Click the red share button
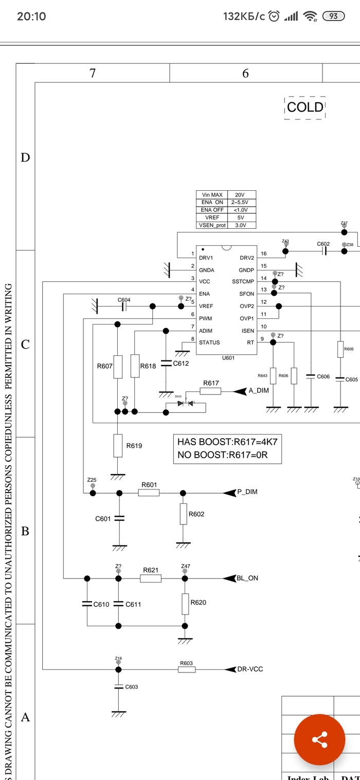click(x=319, y=740)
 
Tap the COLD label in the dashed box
click(x=305, y=107)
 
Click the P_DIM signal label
click(x=247, y=492)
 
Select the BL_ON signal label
click(x=247, y=578)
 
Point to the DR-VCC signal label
click(x=251, y=669)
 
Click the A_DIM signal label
click(x=259, y=391)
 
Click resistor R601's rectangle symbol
click(x=149, y=493)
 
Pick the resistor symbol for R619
click(x=118, y=445)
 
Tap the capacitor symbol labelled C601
click(x=119, y=518)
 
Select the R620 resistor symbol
click(x=185, y=604)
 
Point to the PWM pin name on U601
click(x=206, y=318)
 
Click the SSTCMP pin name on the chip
click(x=243, y=282)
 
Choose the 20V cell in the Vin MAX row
click(x=240, y=195)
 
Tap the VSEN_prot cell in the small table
click(x=212, y=225)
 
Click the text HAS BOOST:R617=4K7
click(x=228, y=442)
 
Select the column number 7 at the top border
click(x=93, y=73)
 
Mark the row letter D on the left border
click(x=25, y=158)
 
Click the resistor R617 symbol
click(x=210, y=391)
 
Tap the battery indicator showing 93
click(x=333, y=16)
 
